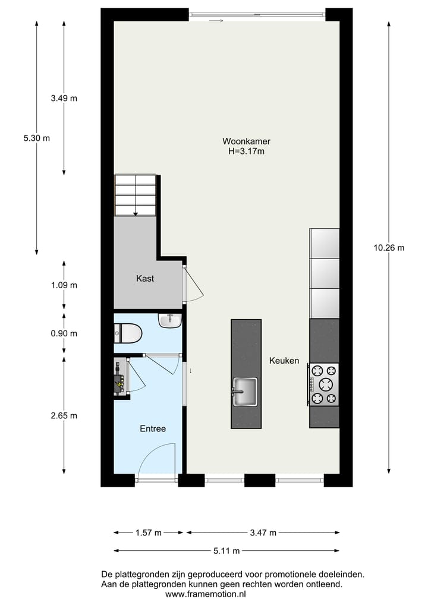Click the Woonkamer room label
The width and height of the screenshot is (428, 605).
click(247, 141)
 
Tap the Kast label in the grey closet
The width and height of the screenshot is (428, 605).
click(145, 278)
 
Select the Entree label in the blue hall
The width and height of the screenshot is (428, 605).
click(153, 428)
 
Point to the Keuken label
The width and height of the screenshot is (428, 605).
click(284, 361)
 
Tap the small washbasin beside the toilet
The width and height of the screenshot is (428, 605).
click(170, 321)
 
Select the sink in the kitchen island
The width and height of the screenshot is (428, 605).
click(245, 392)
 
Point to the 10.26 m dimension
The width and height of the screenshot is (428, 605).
click(389, 248)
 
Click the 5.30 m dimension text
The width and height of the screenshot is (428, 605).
click(37, 138)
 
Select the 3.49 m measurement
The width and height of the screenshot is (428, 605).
click(64, 99)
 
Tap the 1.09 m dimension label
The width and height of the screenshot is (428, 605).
click(64, 285)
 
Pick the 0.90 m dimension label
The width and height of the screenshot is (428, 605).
click(64, 333)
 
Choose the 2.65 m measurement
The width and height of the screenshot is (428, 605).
click(64, 415)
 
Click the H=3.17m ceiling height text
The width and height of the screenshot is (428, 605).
click(247, 152)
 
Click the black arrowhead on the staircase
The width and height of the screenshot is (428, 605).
click(136, 213)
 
